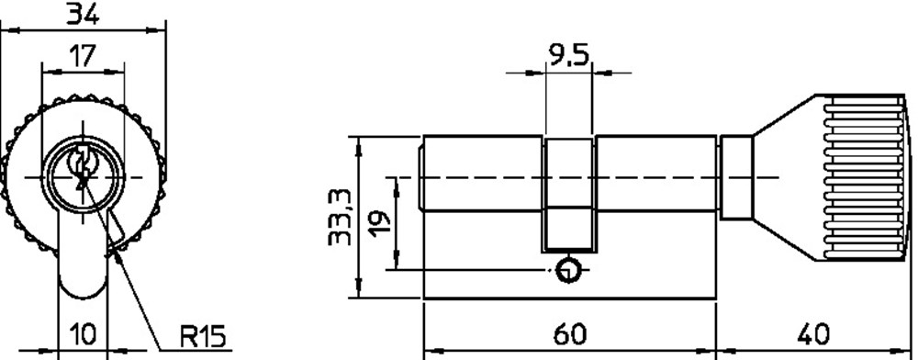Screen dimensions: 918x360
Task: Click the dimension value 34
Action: [82, 13]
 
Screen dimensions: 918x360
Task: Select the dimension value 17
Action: [82, 56]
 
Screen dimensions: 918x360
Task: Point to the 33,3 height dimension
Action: [340, 217]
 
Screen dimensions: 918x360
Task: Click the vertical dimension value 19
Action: [381, 222]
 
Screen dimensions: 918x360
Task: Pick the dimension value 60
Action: [569, 335]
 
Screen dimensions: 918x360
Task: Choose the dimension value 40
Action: [813, 335]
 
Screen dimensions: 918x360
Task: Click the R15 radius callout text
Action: [203, 337]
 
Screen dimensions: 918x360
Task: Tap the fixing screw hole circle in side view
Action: [567, 270]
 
